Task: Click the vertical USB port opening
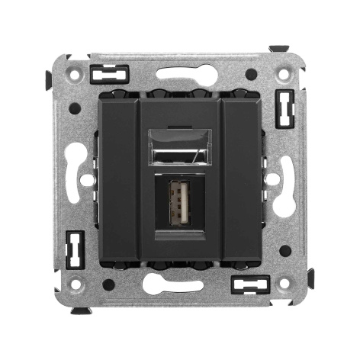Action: pyautogui.click(x=179, y=206)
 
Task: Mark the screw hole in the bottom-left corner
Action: pyautogui.click(x=75, y=284)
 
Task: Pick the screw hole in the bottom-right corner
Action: pyautogui.click(x=284, y=284)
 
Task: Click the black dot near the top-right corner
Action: pyautogui.click(x=251, y=74)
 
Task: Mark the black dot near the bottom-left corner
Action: pyautogui.click(x=108, y=284)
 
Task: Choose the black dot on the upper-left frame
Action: pyautogui.click(x=74, y=108)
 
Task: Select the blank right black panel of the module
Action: pyautogui.click(x=241, y=180)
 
